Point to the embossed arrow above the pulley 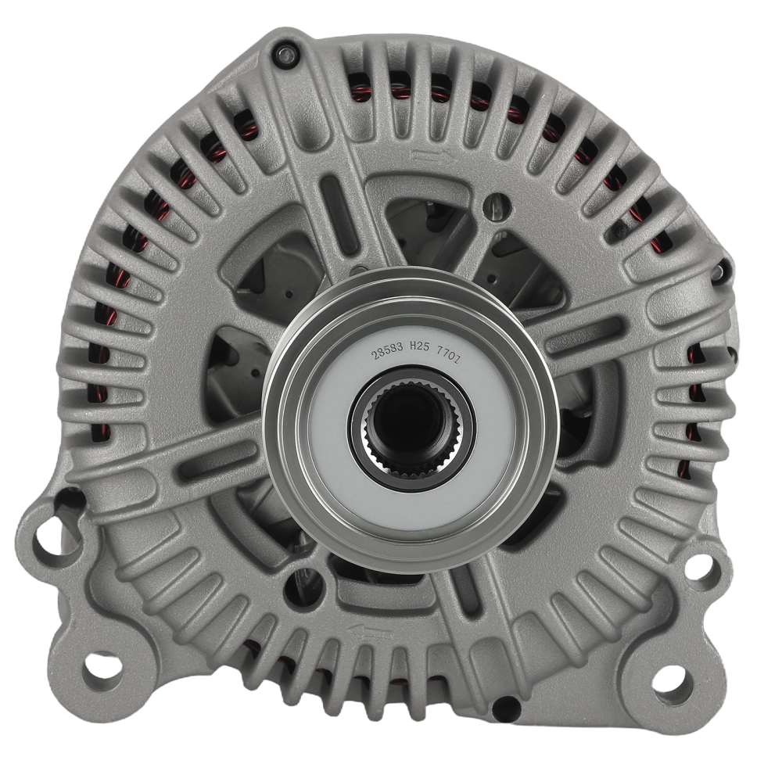[x=429, y=156]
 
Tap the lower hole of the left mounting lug [x=102, y=667]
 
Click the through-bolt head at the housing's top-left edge [x=283, y=53]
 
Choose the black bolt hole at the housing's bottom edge [x=504, y=709]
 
